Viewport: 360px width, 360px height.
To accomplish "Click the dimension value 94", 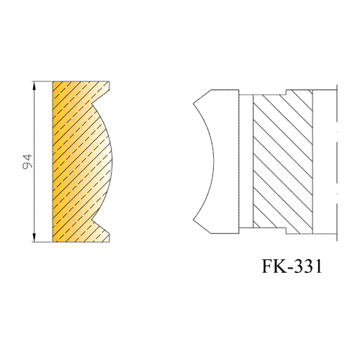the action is [27, 161].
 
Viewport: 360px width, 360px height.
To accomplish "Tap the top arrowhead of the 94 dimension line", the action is [34, 86].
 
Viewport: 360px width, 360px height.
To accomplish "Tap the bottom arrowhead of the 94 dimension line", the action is [34, 238].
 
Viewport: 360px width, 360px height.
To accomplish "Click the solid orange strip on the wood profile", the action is [55, 161].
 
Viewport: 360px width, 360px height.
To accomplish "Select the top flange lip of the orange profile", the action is [106, 86].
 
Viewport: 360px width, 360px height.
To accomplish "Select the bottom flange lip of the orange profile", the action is [106, 237].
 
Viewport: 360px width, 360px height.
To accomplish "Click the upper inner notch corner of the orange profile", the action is [92, 104].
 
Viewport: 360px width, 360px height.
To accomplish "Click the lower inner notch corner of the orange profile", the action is [92, 220].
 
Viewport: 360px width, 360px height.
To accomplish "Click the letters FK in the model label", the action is [273, 266].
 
